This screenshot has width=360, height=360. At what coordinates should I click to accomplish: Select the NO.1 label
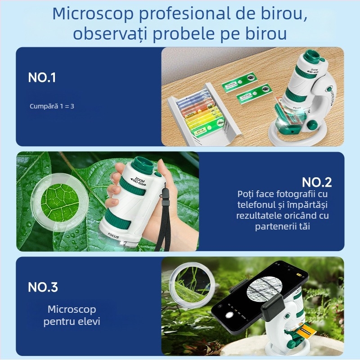point(42,77)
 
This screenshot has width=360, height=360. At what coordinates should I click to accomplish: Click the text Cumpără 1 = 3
point(52,106)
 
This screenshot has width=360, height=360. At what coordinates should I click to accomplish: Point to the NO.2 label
point(316,182)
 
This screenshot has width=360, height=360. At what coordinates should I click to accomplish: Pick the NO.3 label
point(43,287)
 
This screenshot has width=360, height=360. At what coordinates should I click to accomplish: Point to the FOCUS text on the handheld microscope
point(114,234)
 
